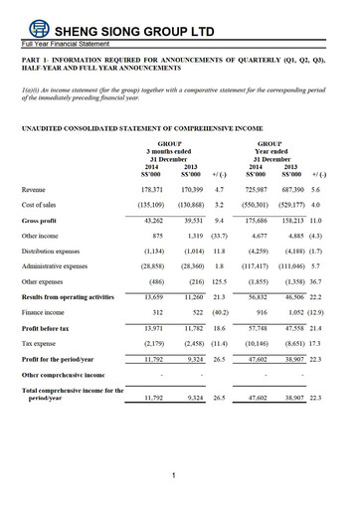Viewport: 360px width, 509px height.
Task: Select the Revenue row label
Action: tap(35, 188)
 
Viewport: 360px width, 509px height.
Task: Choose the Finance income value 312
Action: tap(153, 314)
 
